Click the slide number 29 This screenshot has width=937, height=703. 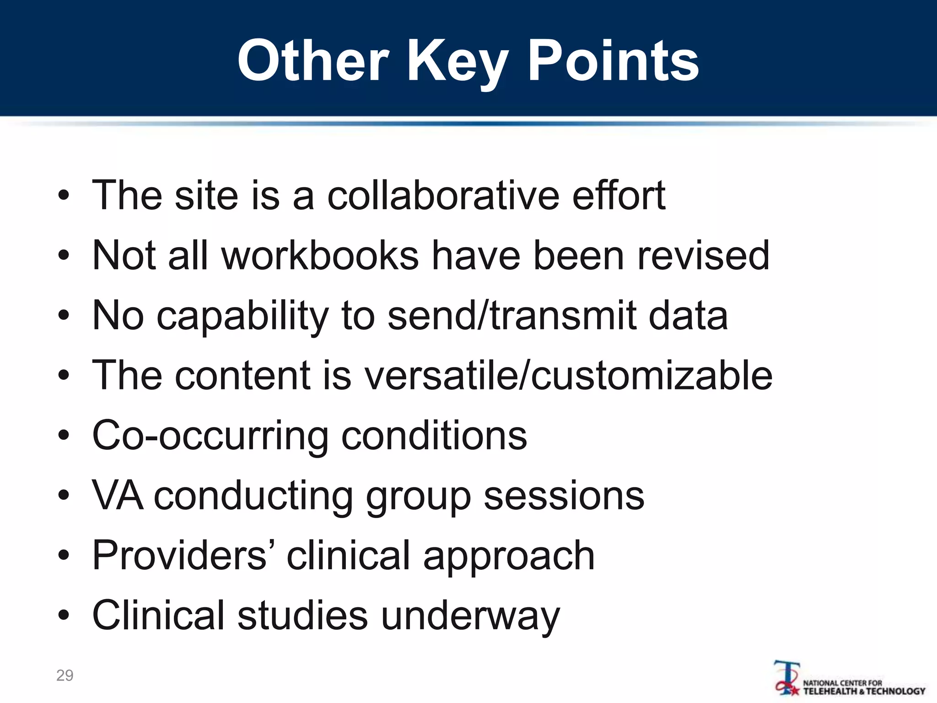click(65, 675)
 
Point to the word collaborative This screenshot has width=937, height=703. click(443, 195)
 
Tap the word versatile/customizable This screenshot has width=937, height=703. click(568, 375)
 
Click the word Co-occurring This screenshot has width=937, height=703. click(210, 436)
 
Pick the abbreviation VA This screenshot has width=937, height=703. click(117, 496)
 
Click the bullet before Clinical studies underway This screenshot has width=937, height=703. click(64, 615)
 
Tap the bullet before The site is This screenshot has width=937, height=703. click(64, 196)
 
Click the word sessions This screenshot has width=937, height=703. click(564, 496)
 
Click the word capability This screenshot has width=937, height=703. click(242, 316)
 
